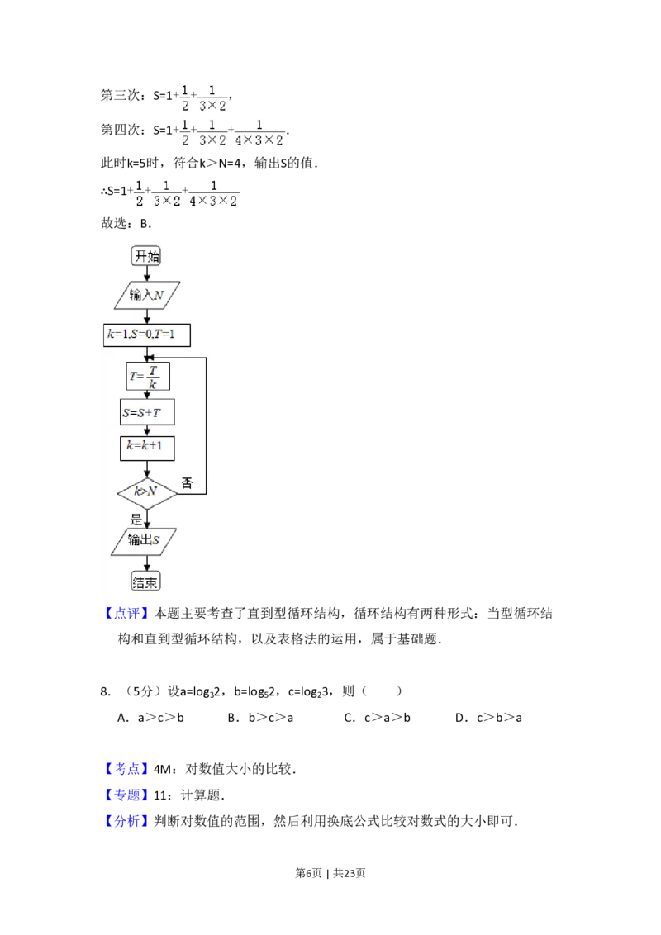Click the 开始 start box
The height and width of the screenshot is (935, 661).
tap(146, 257)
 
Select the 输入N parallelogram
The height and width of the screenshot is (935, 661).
tap(146, 295)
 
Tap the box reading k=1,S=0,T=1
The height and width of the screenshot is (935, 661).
tap(147, 335)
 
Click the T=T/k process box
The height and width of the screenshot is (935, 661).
tap(147, 377)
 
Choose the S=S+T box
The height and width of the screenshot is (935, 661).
tap(147, 412)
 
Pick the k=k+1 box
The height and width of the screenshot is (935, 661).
tap(147, 447)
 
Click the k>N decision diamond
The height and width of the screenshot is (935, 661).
tap(147, 494)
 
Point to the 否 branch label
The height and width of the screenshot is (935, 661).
tap(188, 484)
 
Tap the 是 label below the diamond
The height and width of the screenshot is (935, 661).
tap(136, 520)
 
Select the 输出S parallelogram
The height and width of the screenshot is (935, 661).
tap(146, 542)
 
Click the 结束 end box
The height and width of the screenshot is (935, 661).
tap(146, 582)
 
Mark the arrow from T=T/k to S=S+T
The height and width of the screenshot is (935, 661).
tap(147, 395)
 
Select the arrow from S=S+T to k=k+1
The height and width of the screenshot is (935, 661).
tap(147, 430)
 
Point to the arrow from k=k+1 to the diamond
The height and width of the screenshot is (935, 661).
tap(147, 468)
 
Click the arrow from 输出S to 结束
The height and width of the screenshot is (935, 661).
tap(146, 562)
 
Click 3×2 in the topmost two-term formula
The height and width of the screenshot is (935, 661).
tap(212, 106)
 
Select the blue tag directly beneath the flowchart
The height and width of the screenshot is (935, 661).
tap(128, 613)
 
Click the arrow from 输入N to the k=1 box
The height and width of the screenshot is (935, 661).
tap(146, 315)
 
